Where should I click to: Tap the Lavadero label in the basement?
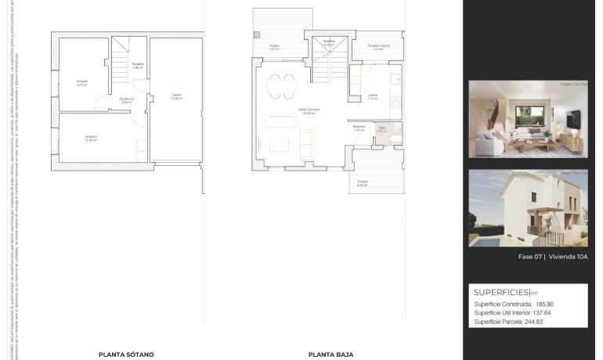coord(91,139)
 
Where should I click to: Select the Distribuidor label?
coord(127,99)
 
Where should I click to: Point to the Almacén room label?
coord(82,82)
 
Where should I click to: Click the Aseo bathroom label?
coord(381,127)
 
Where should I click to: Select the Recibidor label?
coord(359,128)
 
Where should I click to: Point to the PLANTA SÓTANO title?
coord(125,354)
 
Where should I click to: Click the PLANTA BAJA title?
coord(327,354)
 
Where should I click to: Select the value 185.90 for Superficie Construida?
coord(544,304)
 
